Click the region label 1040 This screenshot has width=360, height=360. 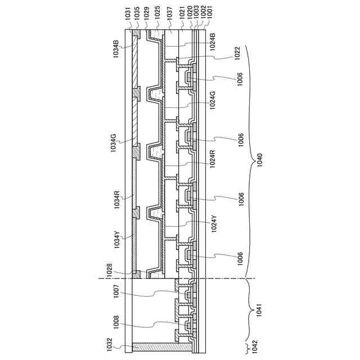[x=259, y=164]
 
